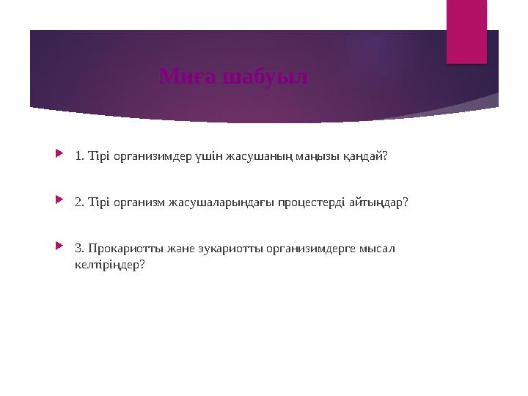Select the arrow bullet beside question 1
[x=59, y=155]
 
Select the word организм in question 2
[x=139, y=202]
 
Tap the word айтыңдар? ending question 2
[x=379, y=202]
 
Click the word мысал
[x=375, y=249]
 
